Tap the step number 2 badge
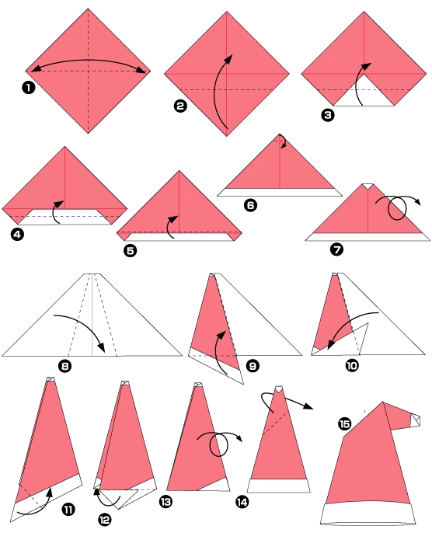click(x=180, y=109)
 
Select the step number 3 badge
click(x=328, y=114)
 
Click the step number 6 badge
click(x=250, y=205)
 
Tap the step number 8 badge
click(x=65, y=366)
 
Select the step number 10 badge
click(x=352, y=364)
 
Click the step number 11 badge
click(x=68, y=509)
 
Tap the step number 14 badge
click(x=242, y=502)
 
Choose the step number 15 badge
click(x=346, y=423)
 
